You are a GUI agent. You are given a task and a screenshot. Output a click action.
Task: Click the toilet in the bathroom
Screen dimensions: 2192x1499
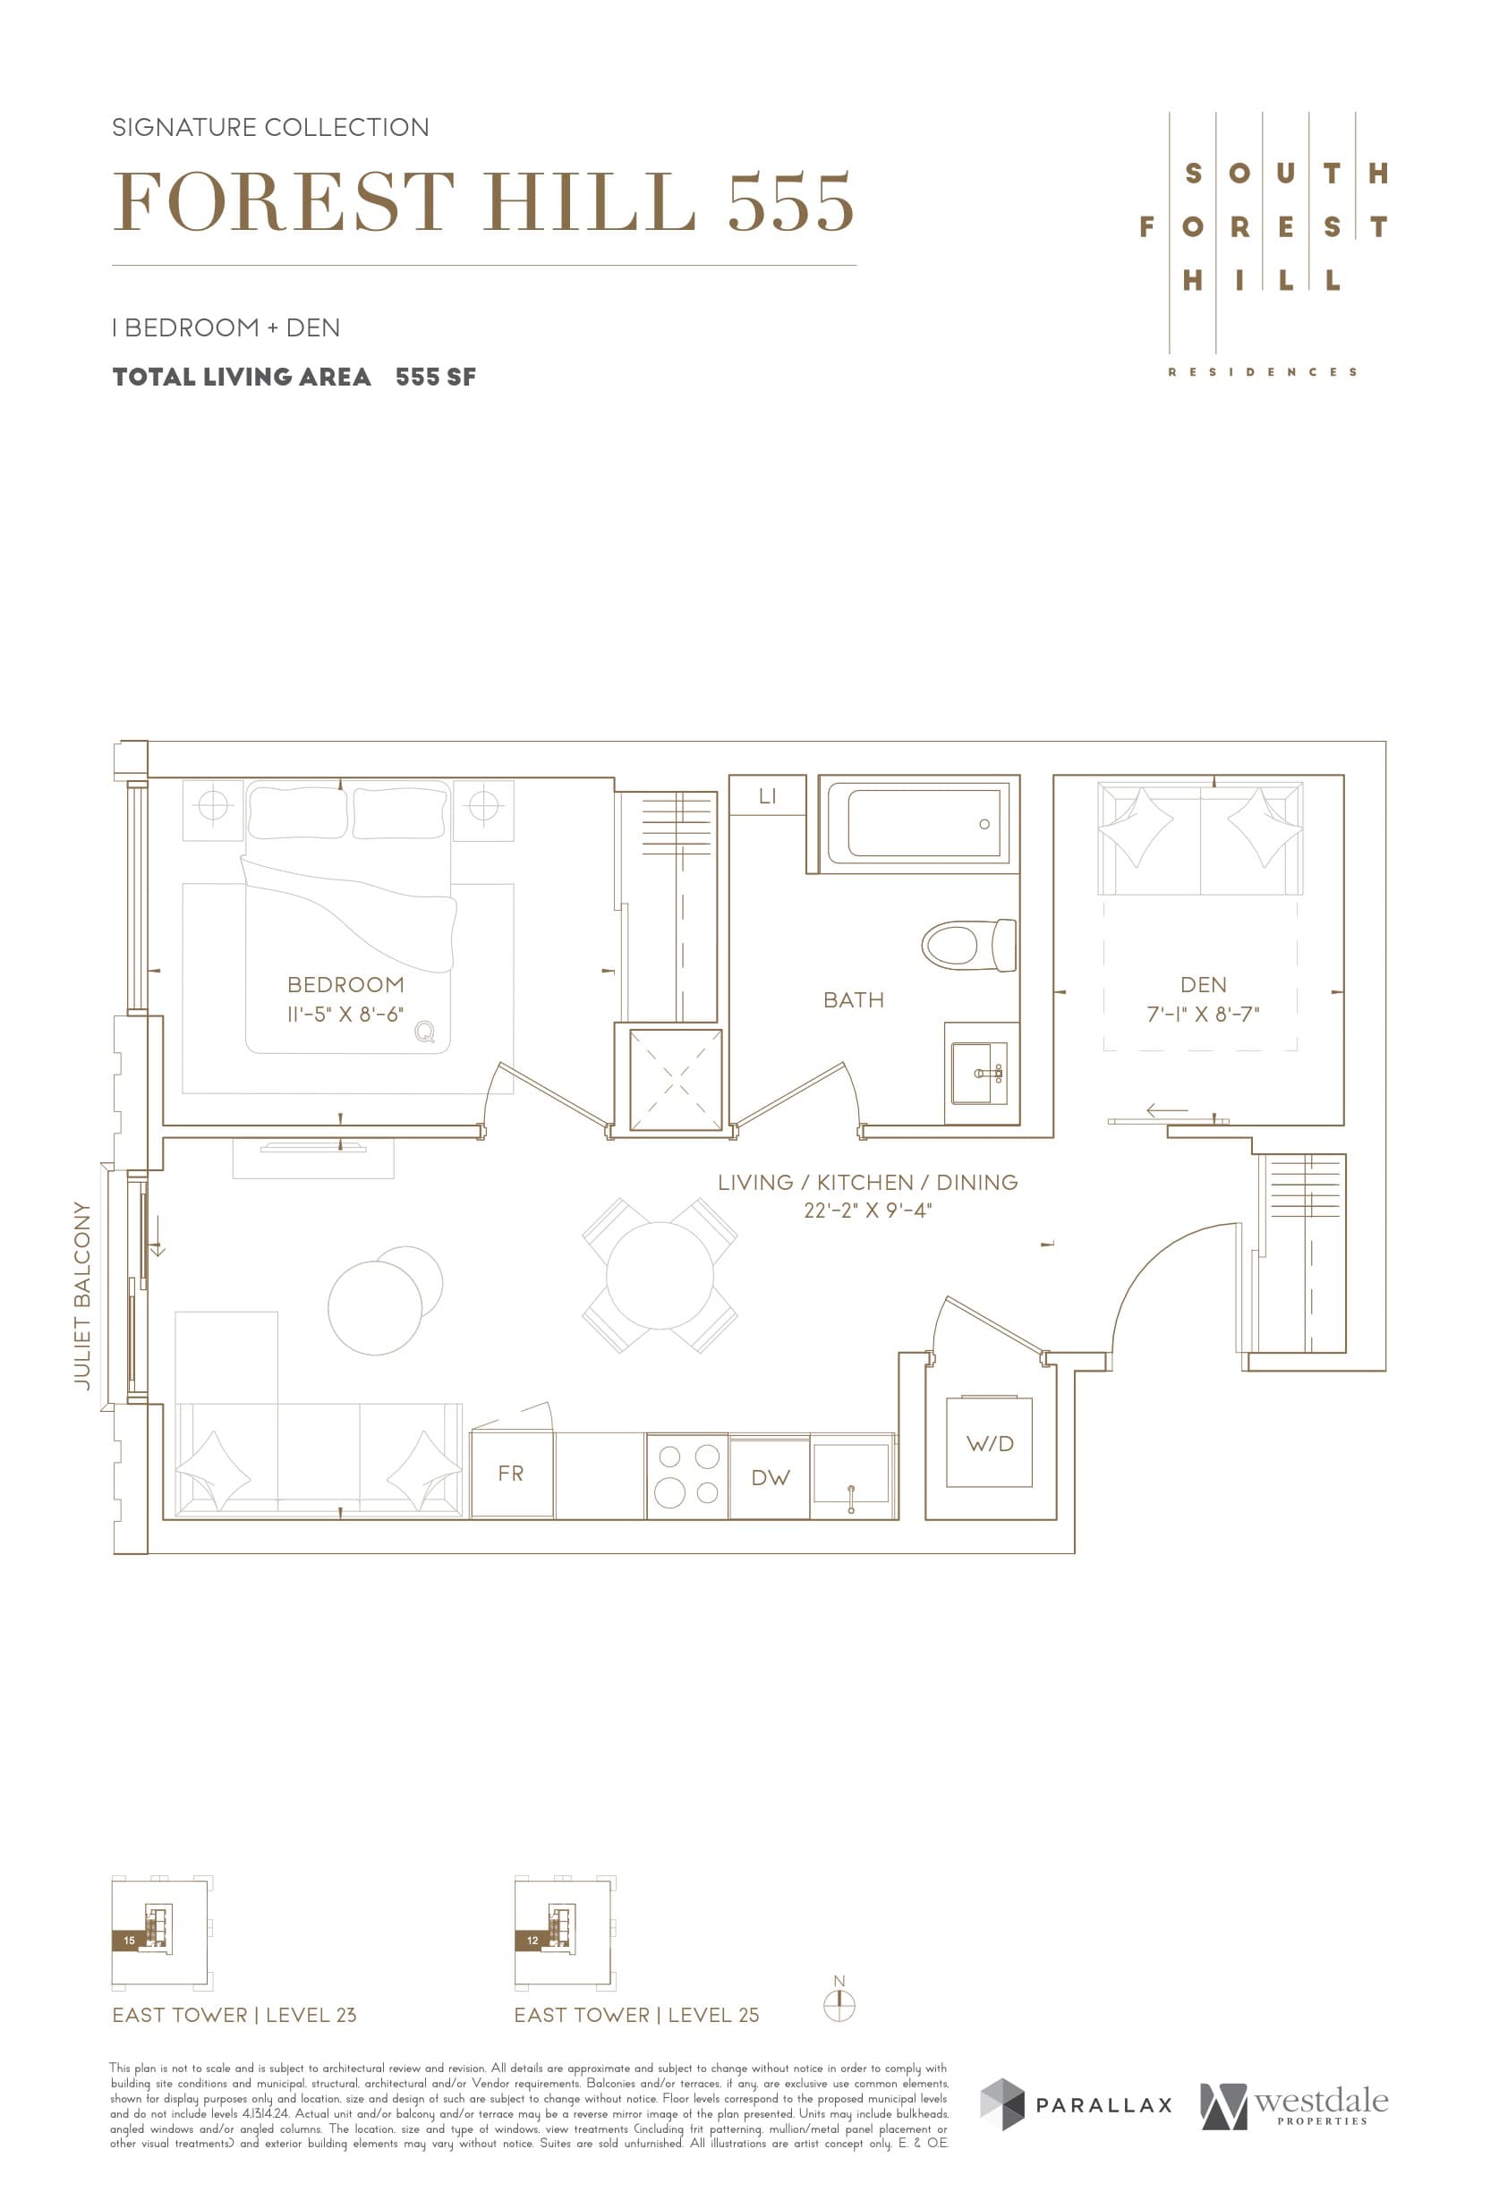967,945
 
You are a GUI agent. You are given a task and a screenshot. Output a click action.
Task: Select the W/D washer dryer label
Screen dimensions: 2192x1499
990,1444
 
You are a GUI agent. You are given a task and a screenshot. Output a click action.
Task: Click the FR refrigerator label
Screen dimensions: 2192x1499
510,1474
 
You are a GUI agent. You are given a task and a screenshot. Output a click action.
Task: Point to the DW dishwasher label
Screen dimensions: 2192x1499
770,1478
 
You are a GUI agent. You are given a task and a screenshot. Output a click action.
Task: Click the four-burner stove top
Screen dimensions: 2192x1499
686,1476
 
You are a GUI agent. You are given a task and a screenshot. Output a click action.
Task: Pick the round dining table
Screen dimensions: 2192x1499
660,1275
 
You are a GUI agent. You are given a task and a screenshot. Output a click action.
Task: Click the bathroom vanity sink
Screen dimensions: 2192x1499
979,1074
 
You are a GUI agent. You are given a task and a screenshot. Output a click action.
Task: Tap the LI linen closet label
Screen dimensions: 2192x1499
767,796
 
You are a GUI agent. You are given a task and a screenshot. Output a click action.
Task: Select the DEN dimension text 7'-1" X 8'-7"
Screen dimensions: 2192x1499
1203,1014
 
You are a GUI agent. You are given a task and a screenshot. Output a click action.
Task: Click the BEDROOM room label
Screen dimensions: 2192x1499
345,985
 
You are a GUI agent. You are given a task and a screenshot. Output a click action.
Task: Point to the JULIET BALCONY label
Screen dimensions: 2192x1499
83,1295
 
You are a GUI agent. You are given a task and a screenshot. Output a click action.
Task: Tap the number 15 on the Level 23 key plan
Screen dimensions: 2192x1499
129,1941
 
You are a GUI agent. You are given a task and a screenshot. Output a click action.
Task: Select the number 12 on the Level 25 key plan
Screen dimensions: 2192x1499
532,1941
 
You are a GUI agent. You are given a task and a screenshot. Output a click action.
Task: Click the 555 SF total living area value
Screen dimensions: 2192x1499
435,378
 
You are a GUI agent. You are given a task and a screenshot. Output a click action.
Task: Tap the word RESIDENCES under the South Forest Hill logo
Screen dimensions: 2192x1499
1262,372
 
